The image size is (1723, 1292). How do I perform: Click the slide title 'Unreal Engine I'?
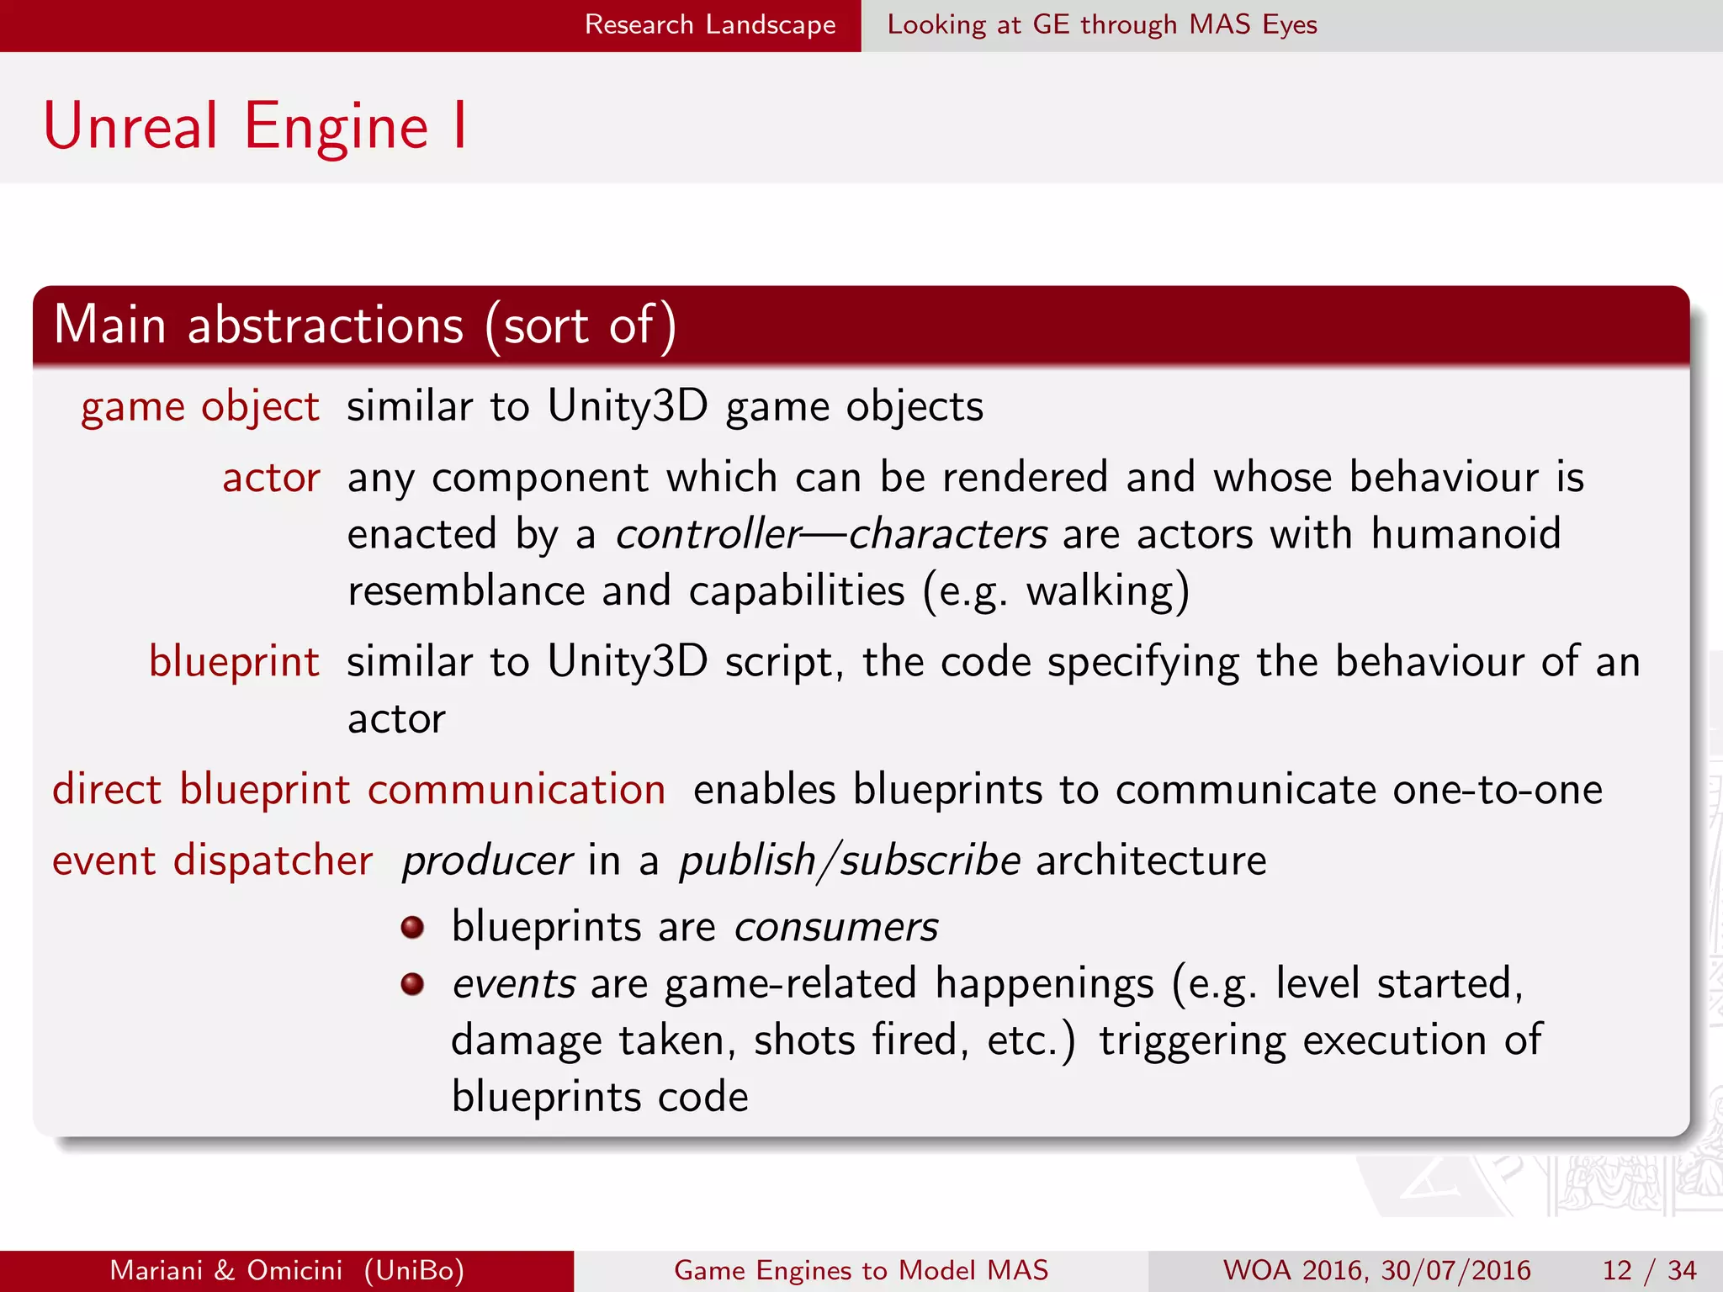(255, 126)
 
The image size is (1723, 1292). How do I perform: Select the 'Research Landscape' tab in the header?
(710, 24)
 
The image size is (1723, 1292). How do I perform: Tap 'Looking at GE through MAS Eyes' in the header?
(1101, 24)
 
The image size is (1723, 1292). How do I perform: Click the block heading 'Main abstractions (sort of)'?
(364, 326)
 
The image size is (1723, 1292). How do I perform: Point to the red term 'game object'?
(199, 407)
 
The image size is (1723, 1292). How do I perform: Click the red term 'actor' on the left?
(271, 478)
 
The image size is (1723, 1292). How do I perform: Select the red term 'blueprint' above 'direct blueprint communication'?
(234, 662)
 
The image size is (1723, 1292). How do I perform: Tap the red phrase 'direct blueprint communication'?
(359, 790)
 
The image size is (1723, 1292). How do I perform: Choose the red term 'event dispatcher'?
(212, 861)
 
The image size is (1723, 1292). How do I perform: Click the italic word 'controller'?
(708, 535)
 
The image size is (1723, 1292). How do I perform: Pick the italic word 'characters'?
(947, 535)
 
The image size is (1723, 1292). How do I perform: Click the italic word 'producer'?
(487, 861)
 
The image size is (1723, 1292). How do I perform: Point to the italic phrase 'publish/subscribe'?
(850, 861)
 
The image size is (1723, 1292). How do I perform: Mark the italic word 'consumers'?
(835, 927)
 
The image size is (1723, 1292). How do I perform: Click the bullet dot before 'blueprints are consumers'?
(412, 927)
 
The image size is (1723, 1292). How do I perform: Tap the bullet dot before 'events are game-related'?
(412, 984)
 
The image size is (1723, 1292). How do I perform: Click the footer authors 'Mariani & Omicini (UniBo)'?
(287, 1270)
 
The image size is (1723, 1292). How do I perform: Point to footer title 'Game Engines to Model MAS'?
(861, 1270)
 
